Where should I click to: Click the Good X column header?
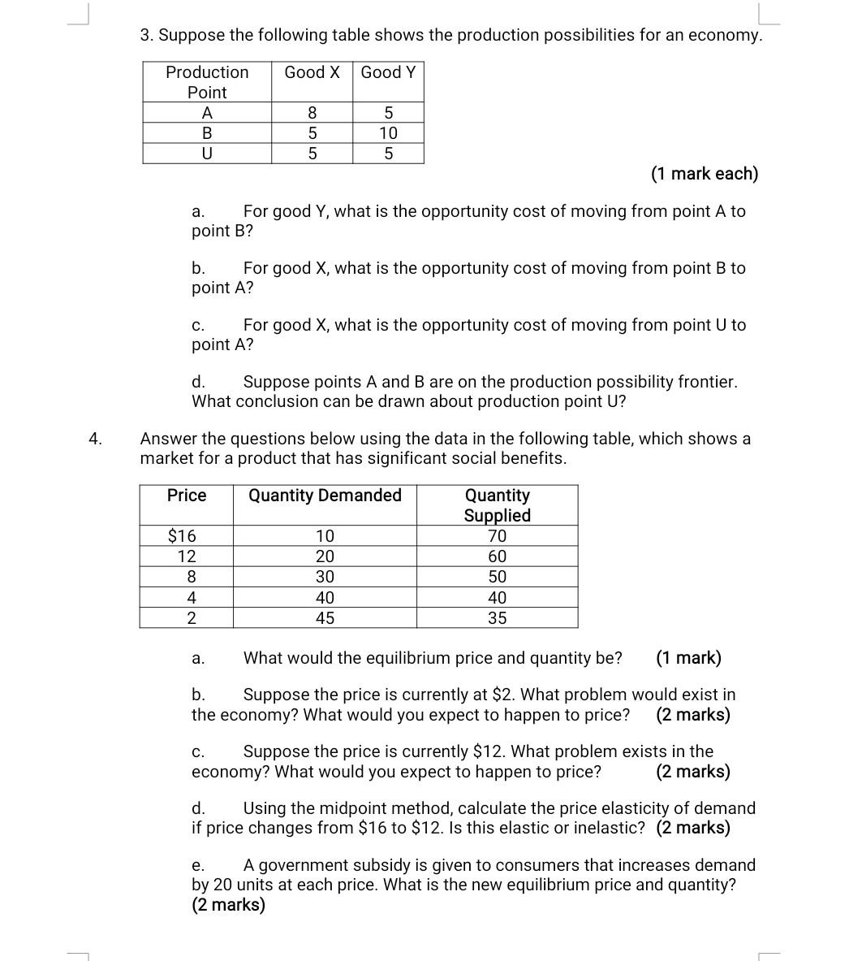[312, 72]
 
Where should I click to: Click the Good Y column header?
[388, 72]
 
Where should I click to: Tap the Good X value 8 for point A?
[312, 113]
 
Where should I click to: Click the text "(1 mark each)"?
[704, 174]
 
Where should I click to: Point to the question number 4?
[96, 439]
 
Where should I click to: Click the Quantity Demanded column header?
[325, 496]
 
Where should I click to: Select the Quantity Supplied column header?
[497, 505]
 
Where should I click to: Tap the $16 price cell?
[182, 536]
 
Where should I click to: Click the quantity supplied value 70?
[497, 536]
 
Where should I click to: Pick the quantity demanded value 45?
[325, 618]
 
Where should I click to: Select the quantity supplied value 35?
[497, 618]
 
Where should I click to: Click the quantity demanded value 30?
[325, 577]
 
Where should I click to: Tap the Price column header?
[187, 496]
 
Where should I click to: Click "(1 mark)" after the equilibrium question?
[688, 658]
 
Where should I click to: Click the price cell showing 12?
[187, 556]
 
